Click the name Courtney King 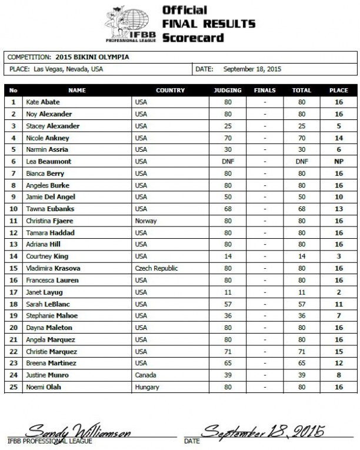48,256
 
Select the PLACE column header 338,91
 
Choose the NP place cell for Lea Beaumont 338,162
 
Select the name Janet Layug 45,292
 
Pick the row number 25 13,387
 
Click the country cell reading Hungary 146,387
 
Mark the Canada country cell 145,375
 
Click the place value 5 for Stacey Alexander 338,126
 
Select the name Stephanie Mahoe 51,316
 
